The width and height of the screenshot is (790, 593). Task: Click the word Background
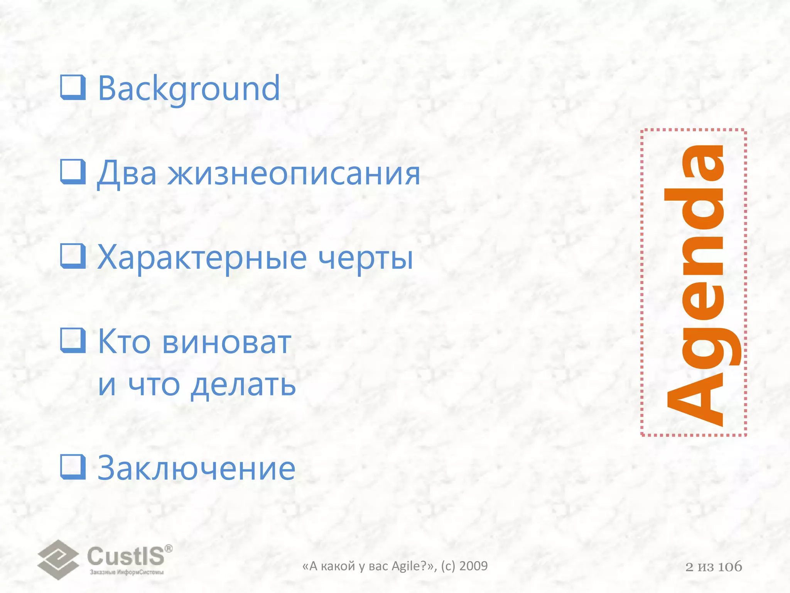coord(189,89)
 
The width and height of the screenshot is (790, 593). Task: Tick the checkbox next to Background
coord(73,87)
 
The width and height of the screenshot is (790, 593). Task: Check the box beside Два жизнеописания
coord(73,172)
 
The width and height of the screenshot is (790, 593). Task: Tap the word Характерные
coord(202,258)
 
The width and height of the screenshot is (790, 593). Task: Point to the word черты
coord(366,258)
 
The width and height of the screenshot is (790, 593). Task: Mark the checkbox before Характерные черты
coord(73,256)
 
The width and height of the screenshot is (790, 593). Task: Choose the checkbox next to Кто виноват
coord(73,340)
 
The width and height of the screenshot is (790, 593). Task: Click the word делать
coord(243,385)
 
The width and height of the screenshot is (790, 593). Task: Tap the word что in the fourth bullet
coord(154,385)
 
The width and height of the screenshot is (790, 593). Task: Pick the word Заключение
coord(196,468)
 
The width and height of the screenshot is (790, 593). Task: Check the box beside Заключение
coord(73,467)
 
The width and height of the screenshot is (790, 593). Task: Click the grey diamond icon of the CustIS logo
coord(58,559)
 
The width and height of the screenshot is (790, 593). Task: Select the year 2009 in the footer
coord(473,566)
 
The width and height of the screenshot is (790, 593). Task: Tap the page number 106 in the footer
coord(730,567)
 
